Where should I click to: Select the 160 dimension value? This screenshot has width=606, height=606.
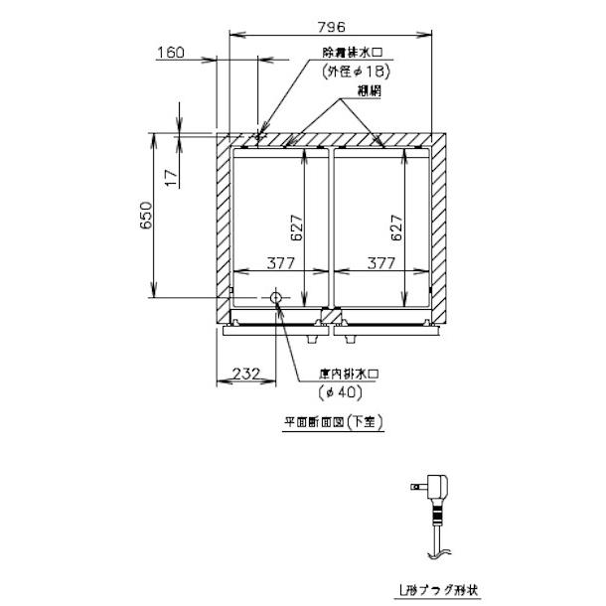[171, 53]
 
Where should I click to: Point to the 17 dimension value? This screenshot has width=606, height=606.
[170, 178]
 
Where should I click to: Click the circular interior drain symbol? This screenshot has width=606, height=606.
[276, 298]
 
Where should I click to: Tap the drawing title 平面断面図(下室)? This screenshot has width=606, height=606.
[333, 421]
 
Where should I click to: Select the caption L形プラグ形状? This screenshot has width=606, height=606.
[438, 591]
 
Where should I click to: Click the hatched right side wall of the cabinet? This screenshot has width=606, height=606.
[439, 228]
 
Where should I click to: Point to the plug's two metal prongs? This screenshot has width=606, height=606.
[417, 486]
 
